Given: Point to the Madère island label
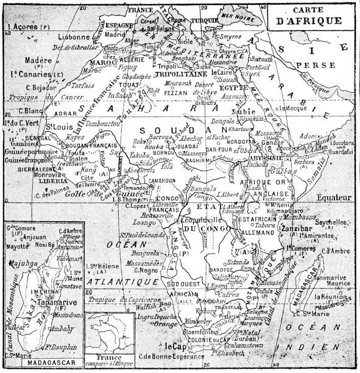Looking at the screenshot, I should pyautogui.click(x=38, y=60).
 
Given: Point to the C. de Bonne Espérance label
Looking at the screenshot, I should pyautogui.click(x=167, y=357).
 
